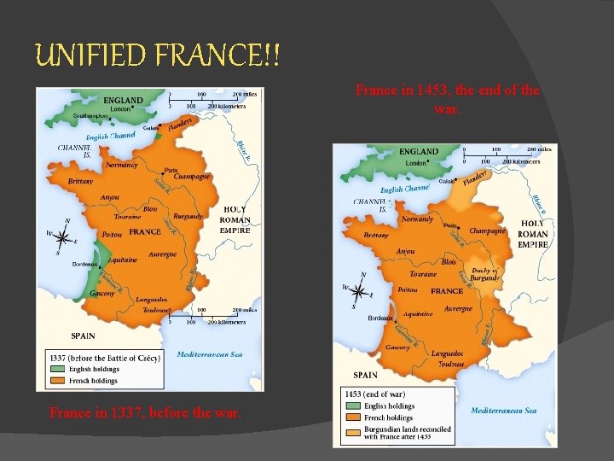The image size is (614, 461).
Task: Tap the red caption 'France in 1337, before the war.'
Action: (145, 413)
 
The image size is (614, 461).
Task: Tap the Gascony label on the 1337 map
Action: (101, 293)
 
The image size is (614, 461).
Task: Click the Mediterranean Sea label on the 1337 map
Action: (210, 354)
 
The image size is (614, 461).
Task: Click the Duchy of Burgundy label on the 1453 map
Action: (484, 274)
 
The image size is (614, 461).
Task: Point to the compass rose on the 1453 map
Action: (357, 294)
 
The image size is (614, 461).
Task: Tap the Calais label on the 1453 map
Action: (445, 181)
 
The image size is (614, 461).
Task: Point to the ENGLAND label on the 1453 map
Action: (420, 152)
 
